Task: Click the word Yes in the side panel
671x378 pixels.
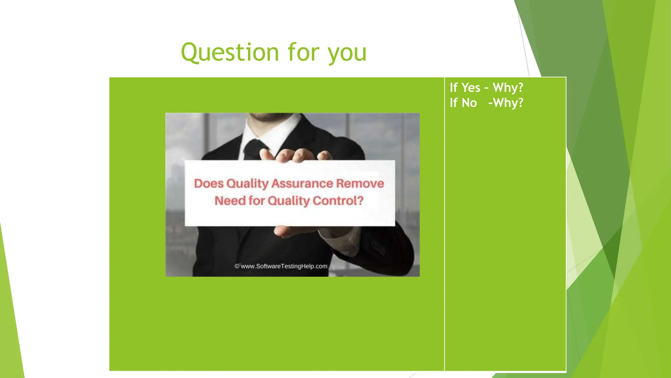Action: [x=471, y=88]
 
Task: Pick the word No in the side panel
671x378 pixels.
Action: [x=469, y=103]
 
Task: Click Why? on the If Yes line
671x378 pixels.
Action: [x=508, y=88]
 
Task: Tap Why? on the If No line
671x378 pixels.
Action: [x=508, y=103]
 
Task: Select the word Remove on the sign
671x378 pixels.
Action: [x=360, y=183]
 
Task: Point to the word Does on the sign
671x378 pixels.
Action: [x=208, y=183]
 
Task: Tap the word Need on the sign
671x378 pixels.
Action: [x=230, y=200]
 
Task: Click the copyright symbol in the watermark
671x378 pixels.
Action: [x=237, y=266]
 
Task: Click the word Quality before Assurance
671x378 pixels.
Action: [x=247, y=183]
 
